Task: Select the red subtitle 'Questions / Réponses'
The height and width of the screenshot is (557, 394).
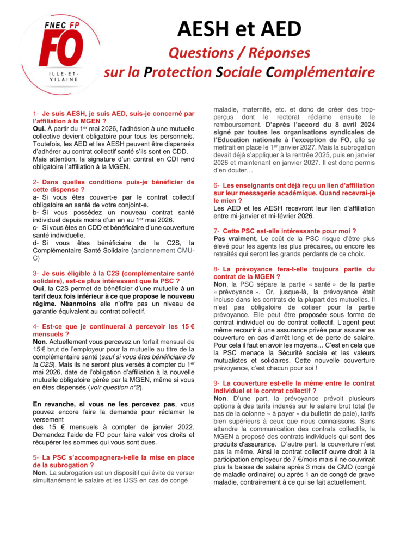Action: coord(239,53)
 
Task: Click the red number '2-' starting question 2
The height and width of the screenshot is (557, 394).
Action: coord(36,182)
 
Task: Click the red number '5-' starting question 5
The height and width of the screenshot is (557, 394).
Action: coord(36,457)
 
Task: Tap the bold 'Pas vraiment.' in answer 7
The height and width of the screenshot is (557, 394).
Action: coord(235,238)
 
